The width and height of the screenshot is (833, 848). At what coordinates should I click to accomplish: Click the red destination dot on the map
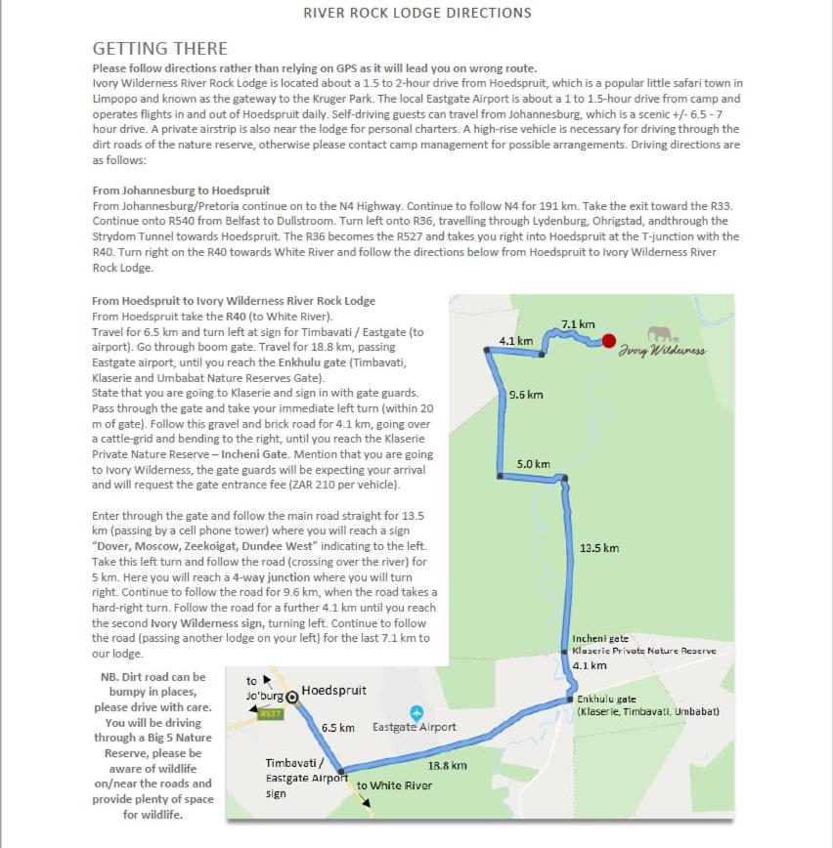coord(609,341)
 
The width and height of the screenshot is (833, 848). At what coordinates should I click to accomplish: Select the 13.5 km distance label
coord(599,548)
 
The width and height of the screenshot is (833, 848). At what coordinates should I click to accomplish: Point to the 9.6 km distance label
coord(526,395)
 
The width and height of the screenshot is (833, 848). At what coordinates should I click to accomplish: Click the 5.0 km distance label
coord(534,464)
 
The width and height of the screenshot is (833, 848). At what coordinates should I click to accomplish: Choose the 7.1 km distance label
coord(578,324)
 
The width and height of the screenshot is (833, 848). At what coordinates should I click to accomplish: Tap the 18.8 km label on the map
coord(447,765)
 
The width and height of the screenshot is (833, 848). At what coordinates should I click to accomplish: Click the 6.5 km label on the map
coord(337,728)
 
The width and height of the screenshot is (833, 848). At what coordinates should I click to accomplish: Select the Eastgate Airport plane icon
coord(416,713)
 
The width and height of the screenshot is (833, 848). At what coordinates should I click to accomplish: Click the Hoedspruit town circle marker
coord(291,696)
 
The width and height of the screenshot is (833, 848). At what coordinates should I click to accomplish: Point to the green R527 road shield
coord(271,714)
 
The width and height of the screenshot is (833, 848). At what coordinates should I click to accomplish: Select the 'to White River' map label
coord(394,785)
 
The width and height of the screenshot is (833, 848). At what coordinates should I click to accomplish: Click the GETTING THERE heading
coord(159,48)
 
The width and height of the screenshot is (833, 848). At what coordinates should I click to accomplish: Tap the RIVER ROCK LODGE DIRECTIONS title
coord(417,13)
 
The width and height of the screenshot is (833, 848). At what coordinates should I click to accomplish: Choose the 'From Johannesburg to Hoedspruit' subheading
coord(181,190)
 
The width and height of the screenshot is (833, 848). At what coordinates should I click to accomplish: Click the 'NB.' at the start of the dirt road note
coord(110,677)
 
